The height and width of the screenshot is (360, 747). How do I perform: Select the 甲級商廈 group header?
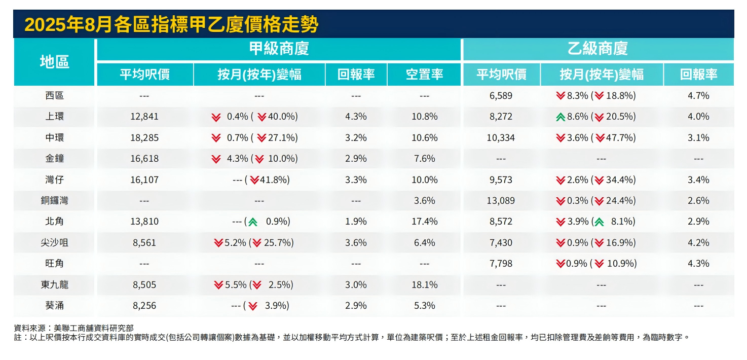[279, 49]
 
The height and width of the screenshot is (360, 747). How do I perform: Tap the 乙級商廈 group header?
[597, 49]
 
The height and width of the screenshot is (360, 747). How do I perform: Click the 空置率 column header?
[424, 75]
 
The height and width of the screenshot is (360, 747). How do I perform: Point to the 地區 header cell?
[54, 62]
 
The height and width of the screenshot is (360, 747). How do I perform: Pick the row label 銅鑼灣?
[54, 200]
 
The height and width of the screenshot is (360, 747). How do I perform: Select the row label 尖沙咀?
[54, 242]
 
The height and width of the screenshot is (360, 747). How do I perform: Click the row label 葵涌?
[54, 305]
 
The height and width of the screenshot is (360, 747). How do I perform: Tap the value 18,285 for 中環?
[144, 137]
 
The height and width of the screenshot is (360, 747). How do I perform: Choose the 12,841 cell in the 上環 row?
[144, 117]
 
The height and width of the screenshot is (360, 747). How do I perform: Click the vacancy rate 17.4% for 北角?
[424, 222]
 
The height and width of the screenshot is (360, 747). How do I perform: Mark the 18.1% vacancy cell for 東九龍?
[424, 284]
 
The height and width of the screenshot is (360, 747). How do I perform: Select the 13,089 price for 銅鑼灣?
[501, 200]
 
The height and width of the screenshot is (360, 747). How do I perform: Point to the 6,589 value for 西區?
[501, 95]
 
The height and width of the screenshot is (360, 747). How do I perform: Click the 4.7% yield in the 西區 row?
[698, 95]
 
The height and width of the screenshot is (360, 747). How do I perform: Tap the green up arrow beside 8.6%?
[561, 117]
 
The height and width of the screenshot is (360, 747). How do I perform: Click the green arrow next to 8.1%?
[599, 222]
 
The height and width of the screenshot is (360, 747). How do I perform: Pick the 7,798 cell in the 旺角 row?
[501, 264]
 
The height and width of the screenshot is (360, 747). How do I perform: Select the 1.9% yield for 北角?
[356, 222]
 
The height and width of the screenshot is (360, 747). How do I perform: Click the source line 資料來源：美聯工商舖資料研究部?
[73, 328]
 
